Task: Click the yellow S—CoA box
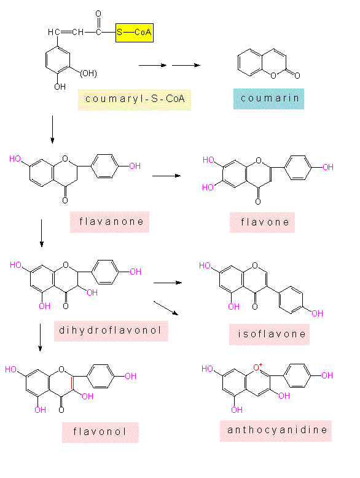pos(135,33)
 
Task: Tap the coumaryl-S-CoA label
pos(135,100)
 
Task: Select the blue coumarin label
pos(268,99)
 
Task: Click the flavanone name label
pos(110,222)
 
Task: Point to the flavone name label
pos(262,222)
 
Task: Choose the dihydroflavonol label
pos(111,331)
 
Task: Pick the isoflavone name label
pos(269,334)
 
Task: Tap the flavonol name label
pos(100,433)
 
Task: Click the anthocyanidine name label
pos(276,431)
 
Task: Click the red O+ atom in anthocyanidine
pos(257,367)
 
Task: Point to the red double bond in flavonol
pos(72,383)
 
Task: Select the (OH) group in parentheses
pos(88,74)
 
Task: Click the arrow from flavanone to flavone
pos(166,176)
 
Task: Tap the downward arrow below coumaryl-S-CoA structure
pos(52,129)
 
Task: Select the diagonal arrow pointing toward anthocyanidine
pos(166,308)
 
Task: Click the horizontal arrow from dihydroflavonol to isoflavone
pos(168,283)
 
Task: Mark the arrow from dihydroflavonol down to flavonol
pos(40,337)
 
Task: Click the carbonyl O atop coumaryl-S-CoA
pos(98,14)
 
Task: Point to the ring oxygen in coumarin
pos(273,76)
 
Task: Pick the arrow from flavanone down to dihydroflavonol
pos(41,233)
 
